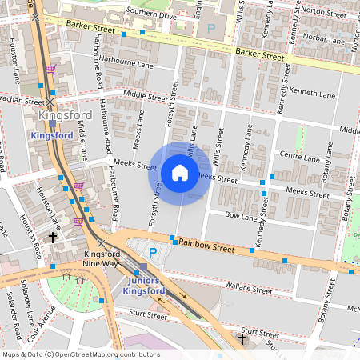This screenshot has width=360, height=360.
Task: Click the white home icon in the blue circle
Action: tap(180, 173)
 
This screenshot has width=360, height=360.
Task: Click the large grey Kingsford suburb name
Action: tap(65, 115)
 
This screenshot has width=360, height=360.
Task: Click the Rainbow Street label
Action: tap(206, 246)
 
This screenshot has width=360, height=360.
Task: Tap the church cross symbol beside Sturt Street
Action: tap(242, 339)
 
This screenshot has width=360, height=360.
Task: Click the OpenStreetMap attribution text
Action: tap(80, 354)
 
